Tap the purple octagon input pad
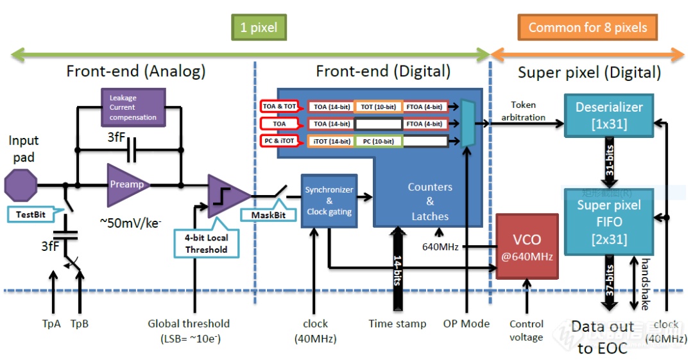pos(21,185)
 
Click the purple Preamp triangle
pos(127,185)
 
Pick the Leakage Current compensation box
pos(133,107)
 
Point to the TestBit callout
pos(32,214)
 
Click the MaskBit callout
pos(264,214)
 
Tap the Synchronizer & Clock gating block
pos(329,200)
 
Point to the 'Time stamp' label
pos(397,324)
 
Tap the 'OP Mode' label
pos(466,324)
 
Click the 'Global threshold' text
pos(189,324)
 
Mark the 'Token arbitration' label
pos(524,111)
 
